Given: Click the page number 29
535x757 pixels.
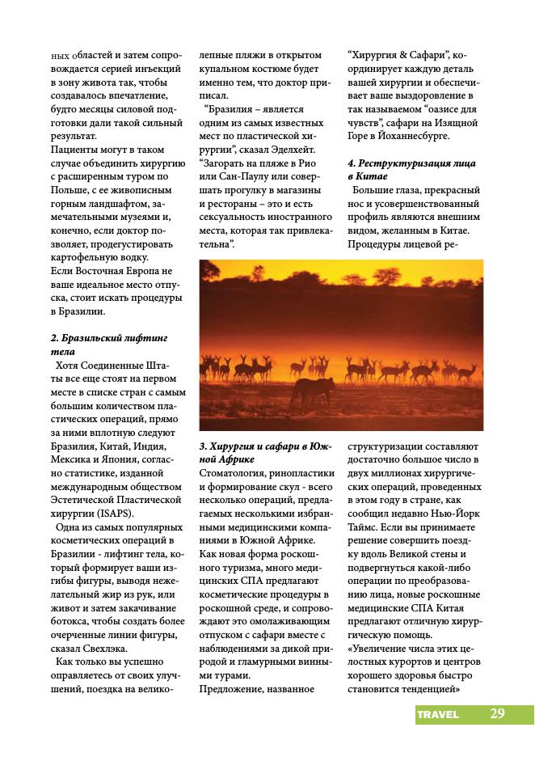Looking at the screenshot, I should pyautogui.click(x=497, y=713).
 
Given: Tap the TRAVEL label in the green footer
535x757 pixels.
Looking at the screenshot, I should pyautogui.click(x=438, y=714).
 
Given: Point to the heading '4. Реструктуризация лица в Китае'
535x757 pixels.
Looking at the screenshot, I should pyautogui.click(x=411, y=170).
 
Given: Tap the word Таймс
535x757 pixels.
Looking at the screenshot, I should pyautogui.click(x=364, y=525).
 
